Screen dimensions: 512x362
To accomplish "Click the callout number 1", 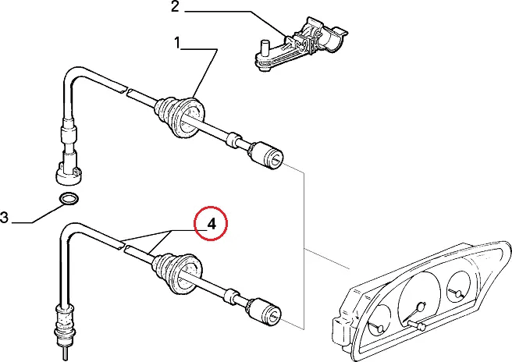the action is (177, 43).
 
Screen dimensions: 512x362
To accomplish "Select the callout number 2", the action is (176, 6).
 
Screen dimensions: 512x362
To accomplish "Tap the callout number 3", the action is (4, 218).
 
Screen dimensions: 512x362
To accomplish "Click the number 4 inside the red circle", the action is (212, 224).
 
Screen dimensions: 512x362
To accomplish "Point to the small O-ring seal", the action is (69, 198).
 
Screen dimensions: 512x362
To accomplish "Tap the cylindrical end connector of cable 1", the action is (266, 156).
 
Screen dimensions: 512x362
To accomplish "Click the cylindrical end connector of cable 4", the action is (264, 312).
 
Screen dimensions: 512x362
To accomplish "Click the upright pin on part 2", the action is (264, 49).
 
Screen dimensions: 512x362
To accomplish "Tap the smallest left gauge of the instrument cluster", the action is (379, 321).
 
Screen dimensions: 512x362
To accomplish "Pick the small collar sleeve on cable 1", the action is (234, 141).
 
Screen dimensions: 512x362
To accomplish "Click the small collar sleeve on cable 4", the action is (233, 296).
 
